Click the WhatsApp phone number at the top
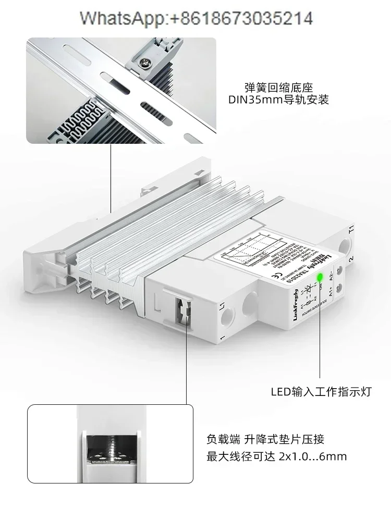(x=196, y=19)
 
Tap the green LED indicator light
(x=320, y=277)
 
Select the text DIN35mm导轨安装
(x=279, y=100)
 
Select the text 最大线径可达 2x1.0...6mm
(x=277, y=457)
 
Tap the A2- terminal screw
(x=339, y=270)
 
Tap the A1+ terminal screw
(x=339, y=288)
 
